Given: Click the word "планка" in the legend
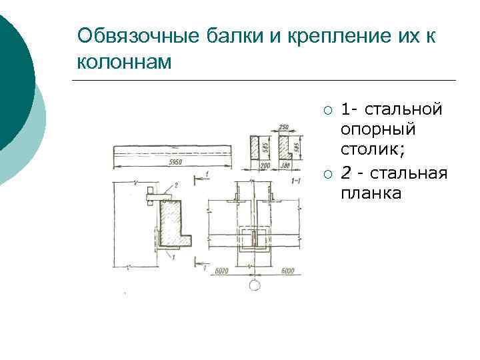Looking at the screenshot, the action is (x=371, y=193).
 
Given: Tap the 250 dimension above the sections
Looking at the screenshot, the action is (x=283, y=127).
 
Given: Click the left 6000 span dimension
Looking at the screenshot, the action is (x=223, y=271).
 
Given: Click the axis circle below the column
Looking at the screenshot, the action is (x=254, y=285).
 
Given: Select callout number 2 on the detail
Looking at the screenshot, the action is (x=175, y=184).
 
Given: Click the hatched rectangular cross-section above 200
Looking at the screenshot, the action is (x=255, y=147).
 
